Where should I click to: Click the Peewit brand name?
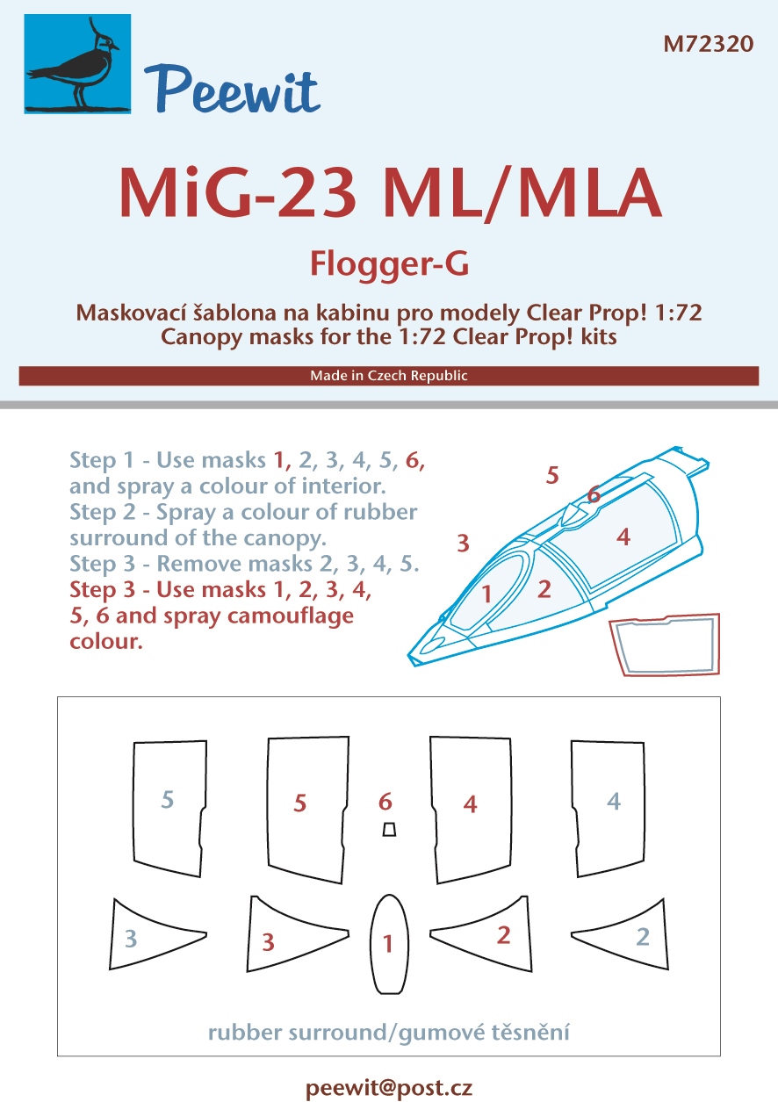232,90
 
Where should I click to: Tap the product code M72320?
708,44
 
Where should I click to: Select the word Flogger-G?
389,264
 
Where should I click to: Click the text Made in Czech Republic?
389,375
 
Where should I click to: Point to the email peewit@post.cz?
389,1088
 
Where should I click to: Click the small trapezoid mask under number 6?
389,830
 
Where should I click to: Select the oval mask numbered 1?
389,944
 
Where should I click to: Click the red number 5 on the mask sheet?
299,803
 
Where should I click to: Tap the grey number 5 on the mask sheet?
168,800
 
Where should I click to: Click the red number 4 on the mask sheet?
470,804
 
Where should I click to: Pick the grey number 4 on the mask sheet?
613,802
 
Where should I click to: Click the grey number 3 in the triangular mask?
131,939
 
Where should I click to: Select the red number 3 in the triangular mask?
268,942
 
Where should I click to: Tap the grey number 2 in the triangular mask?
643,937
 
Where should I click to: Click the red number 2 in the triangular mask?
503,935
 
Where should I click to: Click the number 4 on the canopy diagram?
623,537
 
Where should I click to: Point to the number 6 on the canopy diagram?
594,494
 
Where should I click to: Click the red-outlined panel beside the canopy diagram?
666,645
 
